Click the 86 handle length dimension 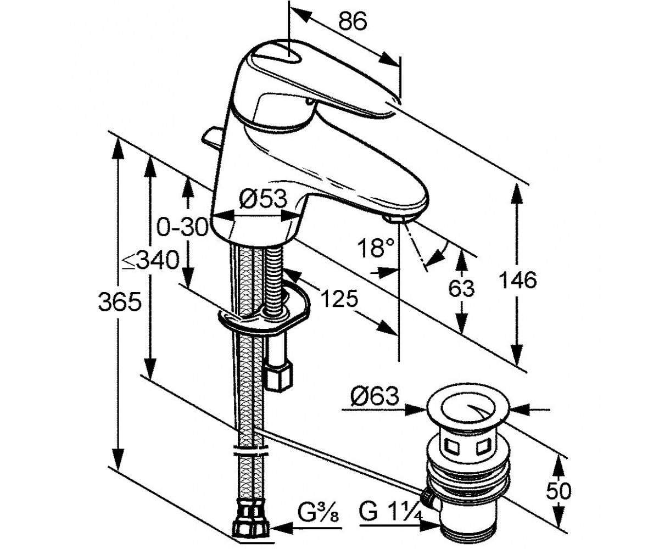(353, 21)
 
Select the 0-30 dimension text (182, 227)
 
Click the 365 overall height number (119, 301)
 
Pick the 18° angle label (375, 248)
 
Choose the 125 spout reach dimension (339, 298)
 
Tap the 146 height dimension (518, 280)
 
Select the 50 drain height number (559, 491)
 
